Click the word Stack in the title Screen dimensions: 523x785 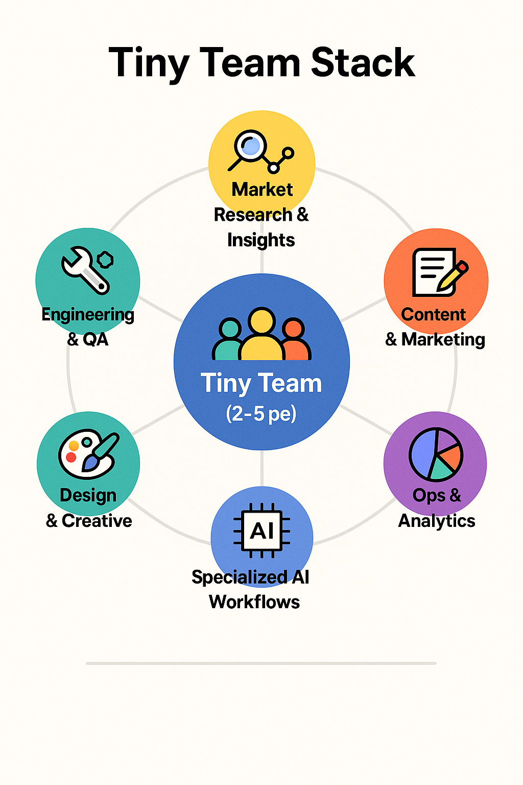tap(363, 63)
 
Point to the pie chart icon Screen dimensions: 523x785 tap(436, 454)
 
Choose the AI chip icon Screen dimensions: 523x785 tap(262, 530)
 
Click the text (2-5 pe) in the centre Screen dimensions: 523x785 tap(261, 413)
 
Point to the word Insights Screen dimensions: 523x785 tap(261, 240)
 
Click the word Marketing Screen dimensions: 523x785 tap(443, 339)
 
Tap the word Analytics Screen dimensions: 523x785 tap(437, 521)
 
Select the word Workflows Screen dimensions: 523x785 tap(254, 602)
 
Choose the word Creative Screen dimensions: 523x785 tap(97, 521)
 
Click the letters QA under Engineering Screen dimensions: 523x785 tap(96, 339)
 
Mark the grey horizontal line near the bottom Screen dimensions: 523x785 tap(261, 663)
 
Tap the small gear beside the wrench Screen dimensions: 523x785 tap(106, 259)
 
